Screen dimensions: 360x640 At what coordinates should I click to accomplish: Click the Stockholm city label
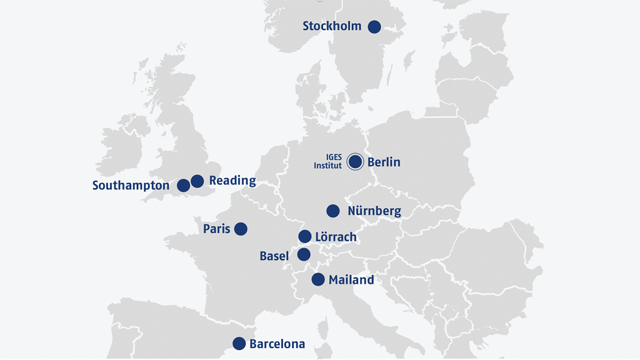click(x=332, y=26)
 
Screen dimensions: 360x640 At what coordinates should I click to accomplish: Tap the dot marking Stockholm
click(x=374, y=26)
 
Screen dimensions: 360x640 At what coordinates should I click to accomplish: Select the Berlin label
click(x=384, y=162)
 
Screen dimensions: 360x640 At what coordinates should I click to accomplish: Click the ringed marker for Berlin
click(x=355, y=162)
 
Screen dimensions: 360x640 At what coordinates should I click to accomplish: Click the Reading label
click(x=232, y=181)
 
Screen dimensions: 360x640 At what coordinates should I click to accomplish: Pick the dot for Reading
click(x=197, y=181)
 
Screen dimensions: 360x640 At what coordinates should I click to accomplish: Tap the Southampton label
click(x=131, y=186)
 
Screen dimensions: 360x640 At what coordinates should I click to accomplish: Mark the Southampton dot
click(x=183, y=186)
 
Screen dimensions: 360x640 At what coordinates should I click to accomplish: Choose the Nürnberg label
click(x=374, y=211)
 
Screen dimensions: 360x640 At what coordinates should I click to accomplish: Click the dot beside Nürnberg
click(x=333, y=211)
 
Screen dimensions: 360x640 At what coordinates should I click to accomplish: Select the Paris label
click(x=217, y=229)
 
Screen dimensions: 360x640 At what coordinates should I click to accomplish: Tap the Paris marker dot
click(x=241, y=229)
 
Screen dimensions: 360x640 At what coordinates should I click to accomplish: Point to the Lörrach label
click(x=336, y=237)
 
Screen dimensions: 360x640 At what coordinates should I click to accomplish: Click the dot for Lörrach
click(x=304, y=236)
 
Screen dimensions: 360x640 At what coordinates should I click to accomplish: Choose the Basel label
click(x=274, y=256)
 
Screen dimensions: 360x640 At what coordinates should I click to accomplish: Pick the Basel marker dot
click(x=304, y=254)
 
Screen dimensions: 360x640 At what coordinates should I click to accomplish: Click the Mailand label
click(x=351, y=280)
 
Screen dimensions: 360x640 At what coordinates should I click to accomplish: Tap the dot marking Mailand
click(x=318, y=279)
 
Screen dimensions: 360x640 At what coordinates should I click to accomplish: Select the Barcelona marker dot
click(x=239, y=343)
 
